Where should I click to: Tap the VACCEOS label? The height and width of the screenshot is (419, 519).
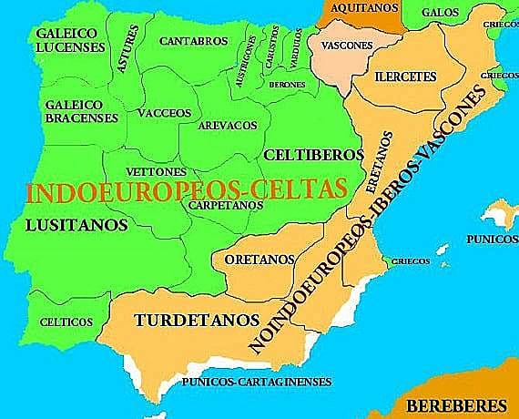(164, 113)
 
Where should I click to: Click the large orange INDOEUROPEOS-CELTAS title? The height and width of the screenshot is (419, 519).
(187, 191)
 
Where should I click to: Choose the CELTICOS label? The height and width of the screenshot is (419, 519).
(66, 322)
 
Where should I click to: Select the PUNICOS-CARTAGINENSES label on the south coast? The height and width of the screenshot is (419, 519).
(257, 383)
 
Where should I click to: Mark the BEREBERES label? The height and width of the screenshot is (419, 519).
(456, 404)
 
